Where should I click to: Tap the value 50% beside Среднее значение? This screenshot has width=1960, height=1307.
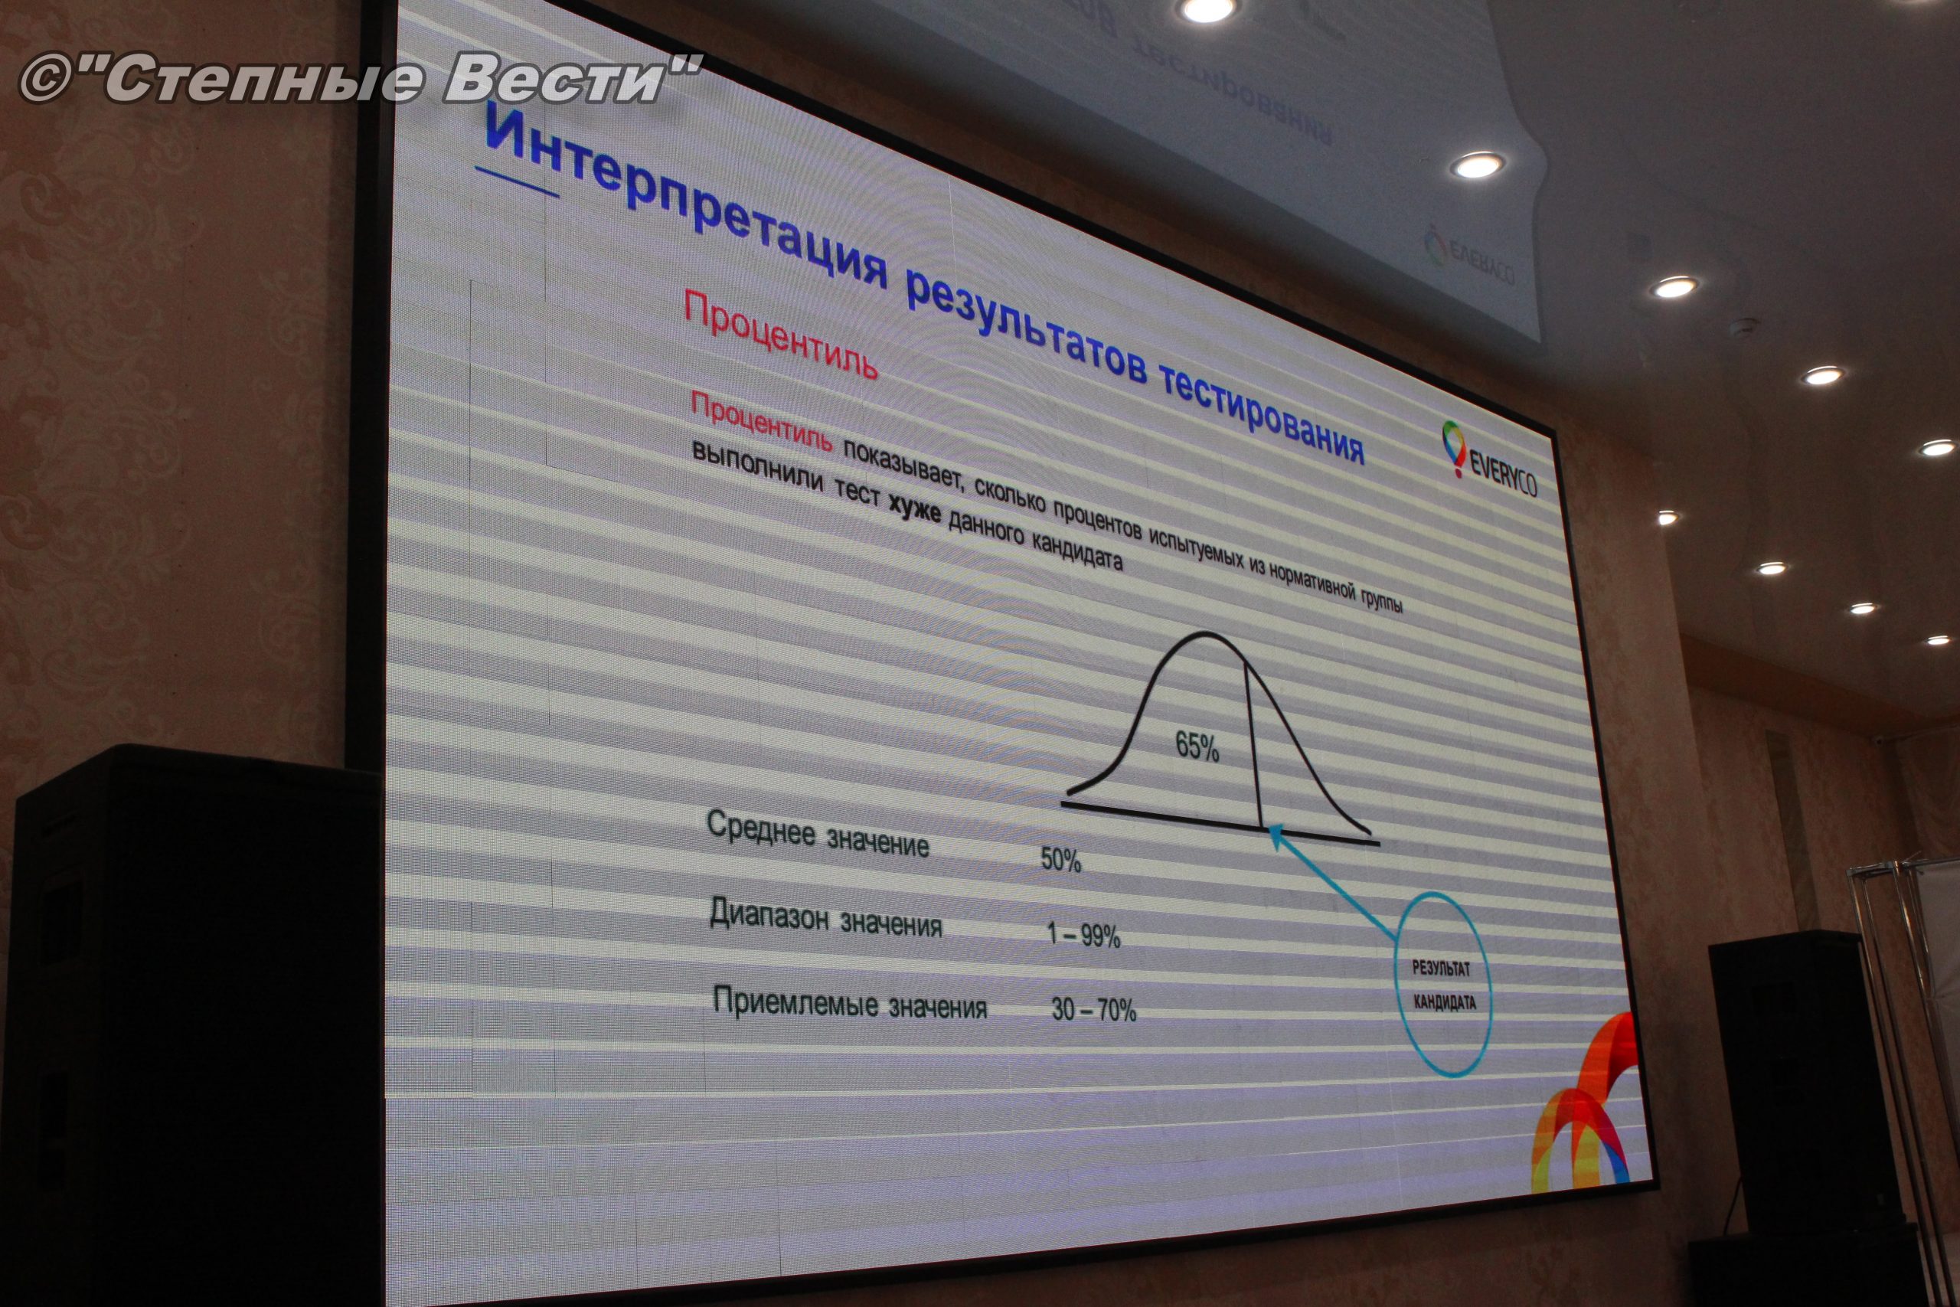[1060, 860]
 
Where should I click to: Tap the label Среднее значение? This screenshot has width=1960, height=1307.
[818, 832]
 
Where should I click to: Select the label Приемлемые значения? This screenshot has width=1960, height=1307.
[850, 1003]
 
